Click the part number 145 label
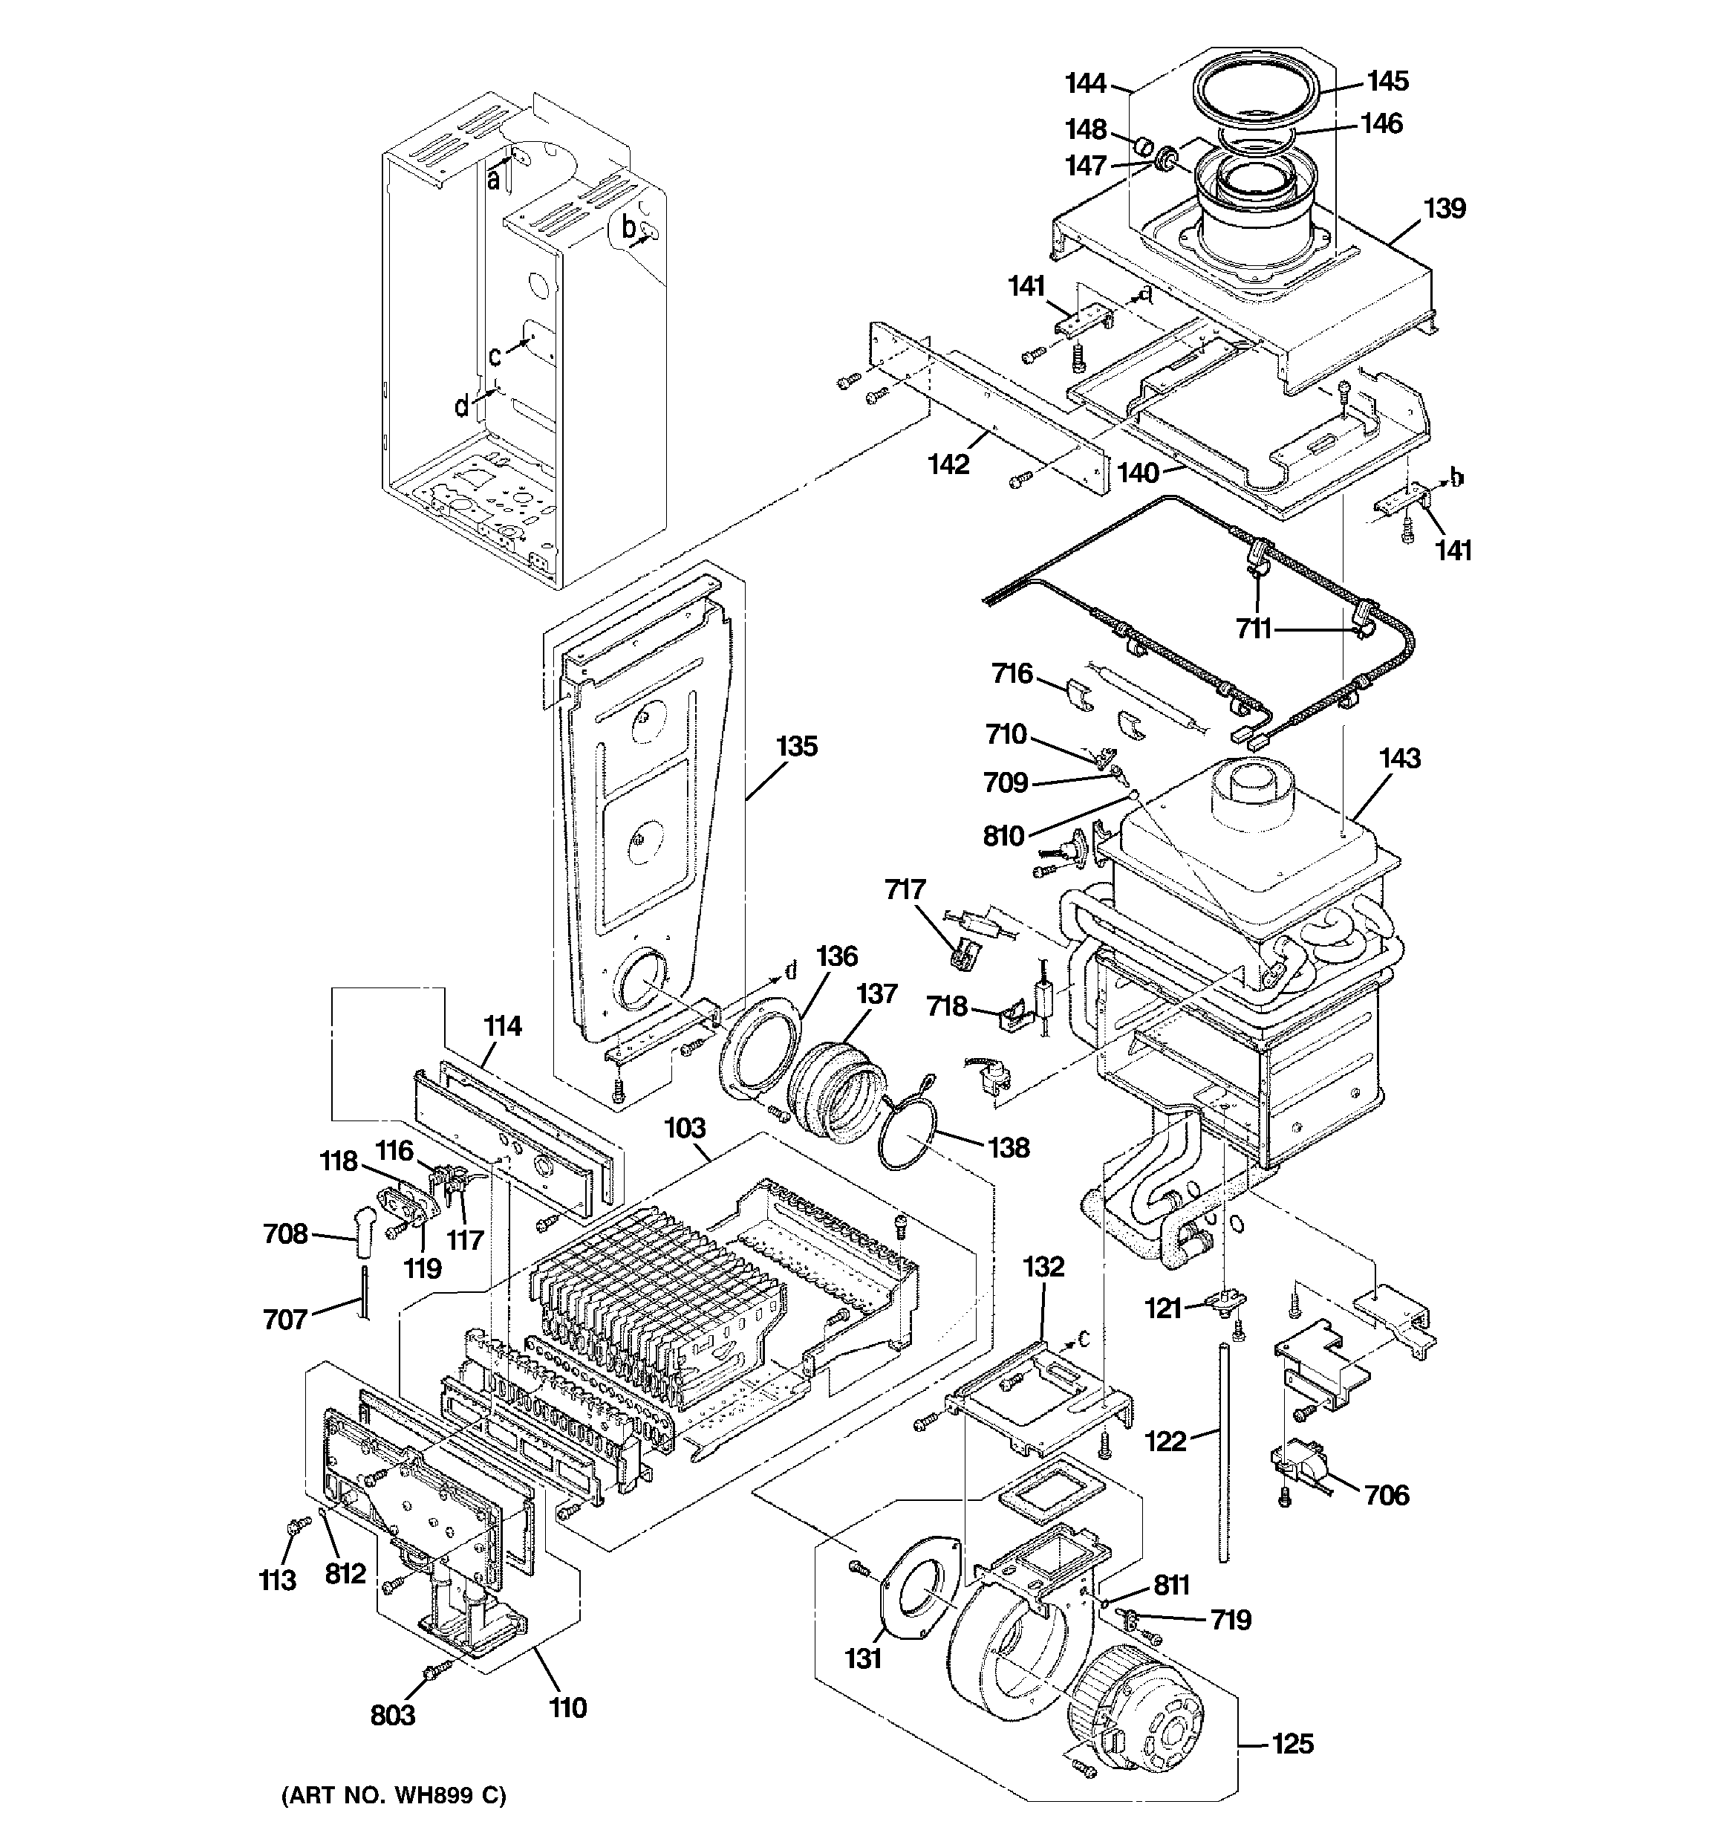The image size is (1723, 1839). click(1387, 82)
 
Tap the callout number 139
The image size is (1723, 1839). click(1444, 209)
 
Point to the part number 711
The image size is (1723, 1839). click(1254, 630)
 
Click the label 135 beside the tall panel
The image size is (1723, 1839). click(796, 747)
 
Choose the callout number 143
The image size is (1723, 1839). click(1399, 759)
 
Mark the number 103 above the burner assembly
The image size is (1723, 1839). click(685, 1128)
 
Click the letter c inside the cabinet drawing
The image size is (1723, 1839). click(495, 356)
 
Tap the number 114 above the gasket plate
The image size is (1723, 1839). click(502, 1026)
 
